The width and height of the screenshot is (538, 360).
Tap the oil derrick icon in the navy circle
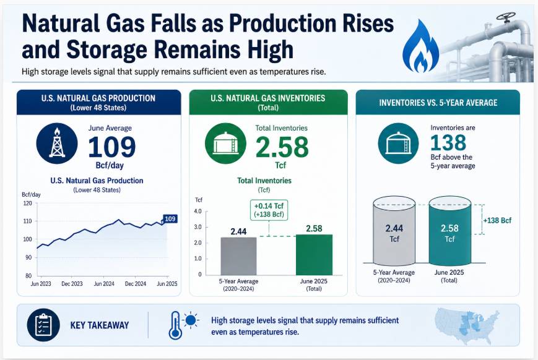pyautogui.click(x=57, y=143)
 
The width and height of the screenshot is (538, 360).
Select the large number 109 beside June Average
pyautogui.click(x=112, y=147)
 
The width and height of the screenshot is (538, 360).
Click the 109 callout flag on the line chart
pyautogui.click(x=170, y=219)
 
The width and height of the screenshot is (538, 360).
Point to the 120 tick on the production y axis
pyautogui.click(x=27, y=204)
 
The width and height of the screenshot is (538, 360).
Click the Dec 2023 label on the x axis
pyautogui.click(x=72, y=284)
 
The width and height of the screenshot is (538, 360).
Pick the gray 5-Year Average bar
pyautogui.click(x=238, y=255)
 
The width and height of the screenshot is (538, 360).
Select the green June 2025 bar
pyautogui.click(x=314, y=255)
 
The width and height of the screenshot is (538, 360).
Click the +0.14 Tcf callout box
pyautogui.click(x=269, y=210)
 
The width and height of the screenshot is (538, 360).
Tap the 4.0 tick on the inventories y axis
pyautogui.click(x=197, y=212)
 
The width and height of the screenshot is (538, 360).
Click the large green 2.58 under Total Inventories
pyautogui.click(x=282, y=147)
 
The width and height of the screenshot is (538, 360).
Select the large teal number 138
pyautogui.click(x=448, y=143)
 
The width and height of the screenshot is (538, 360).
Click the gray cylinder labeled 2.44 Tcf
pyautogui.click(x=394, y=231)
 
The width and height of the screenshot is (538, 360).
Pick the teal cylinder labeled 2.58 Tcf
pyautogui.click(x=450, y=231)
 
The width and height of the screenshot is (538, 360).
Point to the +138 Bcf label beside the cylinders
pyautogui.click(x=497, y=220)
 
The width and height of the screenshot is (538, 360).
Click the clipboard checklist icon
pyautogui.click(x=43, y=325)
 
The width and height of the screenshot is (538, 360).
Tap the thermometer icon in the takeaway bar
pyautogui.click(x=175, y=325)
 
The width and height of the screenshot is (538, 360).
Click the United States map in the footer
pyautogui.click(x=467, y=326)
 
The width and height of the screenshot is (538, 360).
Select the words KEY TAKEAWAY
pyautogui.click(x=100, y=325)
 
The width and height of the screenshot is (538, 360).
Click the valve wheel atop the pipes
pyautogui.click(x=506, y=17)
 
